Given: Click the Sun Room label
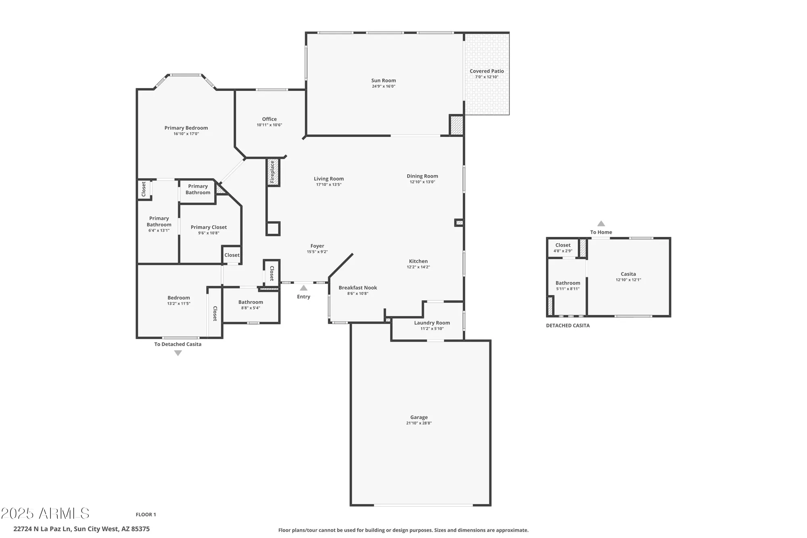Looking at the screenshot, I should click(383, 80).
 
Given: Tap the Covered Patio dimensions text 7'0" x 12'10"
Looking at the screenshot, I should click(487, 77).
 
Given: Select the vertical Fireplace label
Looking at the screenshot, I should click(272, 172).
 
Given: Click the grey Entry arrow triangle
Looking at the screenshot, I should click(303, 288).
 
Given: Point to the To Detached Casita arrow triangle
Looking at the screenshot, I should click(178, 353).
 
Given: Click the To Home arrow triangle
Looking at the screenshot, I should click(601, 224).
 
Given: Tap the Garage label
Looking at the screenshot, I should click(419, 417).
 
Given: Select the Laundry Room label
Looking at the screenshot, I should click(432, 323).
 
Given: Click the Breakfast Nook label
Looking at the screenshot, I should click(358, 288).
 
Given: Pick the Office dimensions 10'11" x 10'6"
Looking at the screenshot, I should click(269, 125).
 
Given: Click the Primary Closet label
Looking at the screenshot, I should click(209, 227).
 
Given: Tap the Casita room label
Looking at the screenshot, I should click(628, 274).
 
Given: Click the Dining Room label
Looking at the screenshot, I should click(422, 176).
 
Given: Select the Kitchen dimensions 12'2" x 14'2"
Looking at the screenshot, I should click(418, 267).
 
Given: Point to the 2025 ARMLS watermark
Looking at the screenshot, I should click(45, 513).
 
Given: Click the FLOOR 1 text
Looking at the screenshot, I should click(146, 515).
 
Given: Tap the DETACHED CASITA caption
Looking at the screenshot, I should click(568, 326).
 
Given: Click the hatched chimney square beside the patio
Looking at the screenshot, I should click(456, 125).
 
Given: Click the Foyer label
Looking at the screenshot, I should click(317, 246).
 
